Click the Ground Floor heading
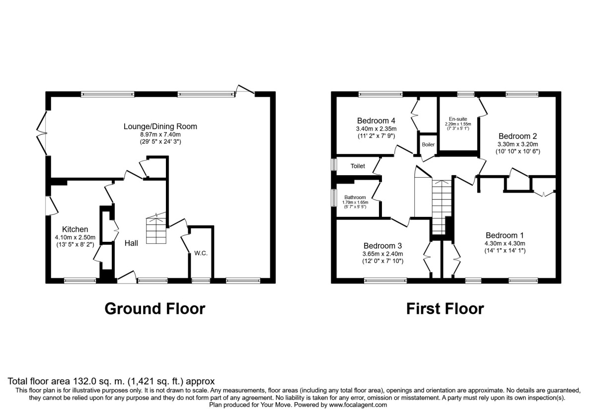(155, 309)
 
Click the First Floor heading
(445, 309)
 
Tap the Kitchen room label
(75, 229)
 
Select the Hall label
(132, 243)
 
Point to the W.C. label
(201, 253)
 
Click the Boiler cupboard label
(428, 144)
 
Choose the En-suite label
(458, 119)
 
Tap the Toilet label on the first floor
(358, 166)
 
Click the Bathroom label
(355, 198)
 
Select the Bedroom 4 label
(376, 121)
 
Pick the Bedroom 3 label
(382, 246)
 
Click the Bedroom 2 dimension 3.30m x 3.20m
(518, 144)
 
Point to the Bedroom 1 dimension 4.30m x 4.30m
(505, 243)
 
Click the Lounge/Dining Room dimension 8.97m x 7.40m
(160, 135)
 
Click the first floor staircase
(442, 207)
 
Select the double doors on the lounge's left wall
(42, 133)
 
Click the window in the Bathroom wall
(334, 198)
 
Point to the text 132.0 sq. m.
(97, 381)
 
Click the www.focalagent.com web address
(358, 405)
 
